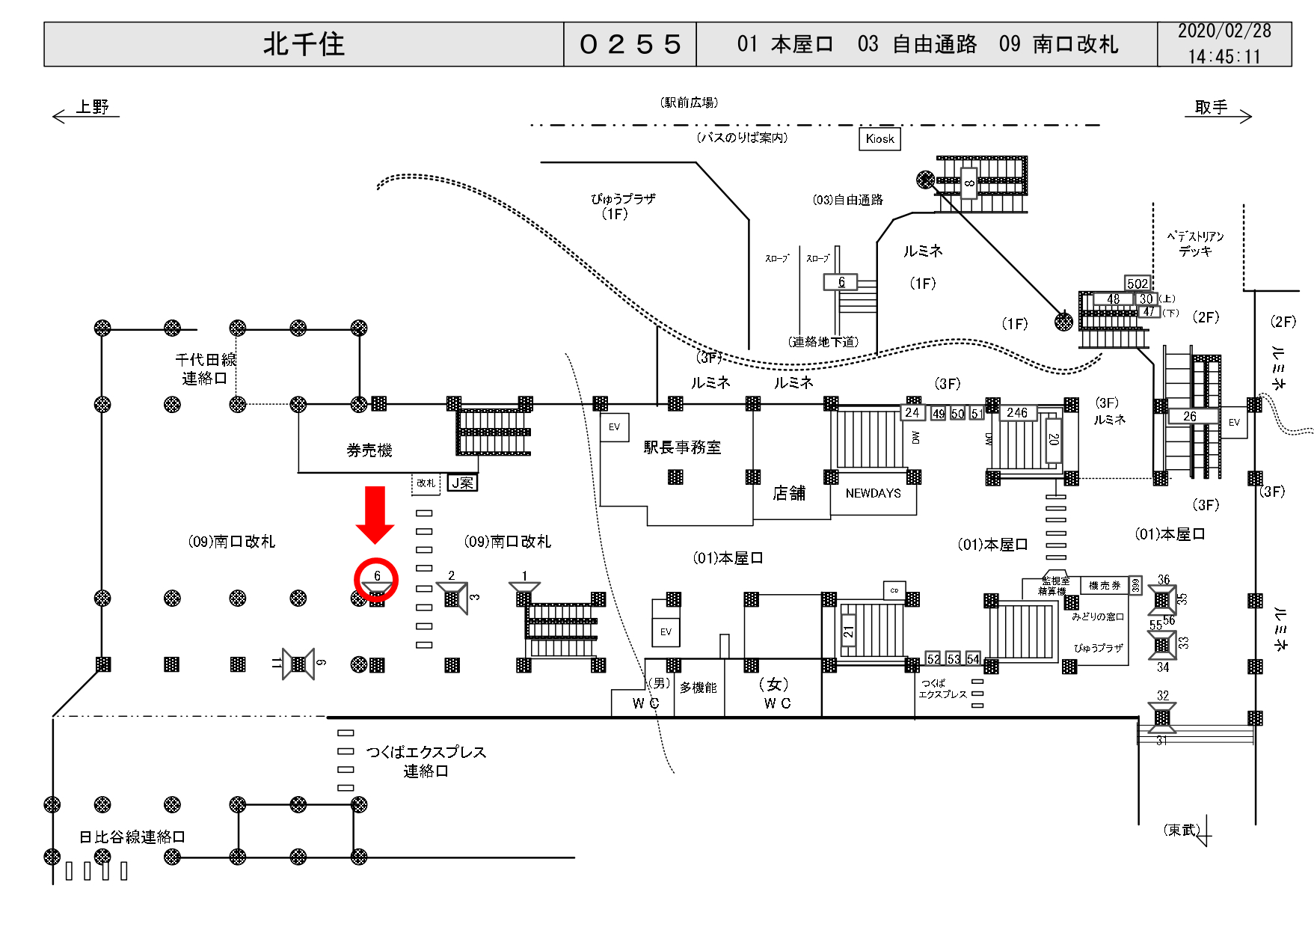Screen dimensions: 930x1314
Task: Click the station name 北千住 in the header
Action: [304, 44]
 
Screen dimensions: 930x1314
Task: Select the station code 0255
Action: [630, 44]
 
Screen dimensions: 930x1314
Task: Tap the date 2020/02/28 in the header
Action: [1224, 31]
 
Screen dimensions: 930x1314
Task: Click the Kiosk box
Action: [879, 138]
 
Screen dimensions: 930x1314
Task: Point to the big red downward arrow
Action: [375, 514]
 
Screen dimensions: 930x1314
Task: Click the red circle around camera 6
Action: [376, 580]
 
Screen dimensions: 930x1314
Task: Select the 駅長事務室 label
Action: [682, 447]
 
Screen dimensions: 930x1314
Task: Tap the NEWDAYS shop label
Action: [873, 493]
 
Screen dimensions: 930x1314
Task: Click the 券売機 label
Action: [369, 450]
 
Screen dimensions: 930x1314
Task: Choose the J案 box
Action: [462, 483]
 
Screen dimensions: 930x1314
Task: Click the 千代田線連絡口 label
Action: [206, 369]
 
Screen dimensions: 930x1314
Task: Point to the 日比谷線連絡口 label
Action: [132, 836]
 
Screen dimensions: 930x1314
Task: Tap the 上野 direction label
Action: [92, 107]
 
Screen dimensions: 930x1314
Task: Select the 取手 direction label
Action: [1211, 107]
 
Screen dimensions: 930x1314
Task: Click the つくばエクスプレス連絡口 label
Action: [426, 761]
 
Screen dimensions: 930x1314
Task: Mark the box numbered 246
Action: [1017, 412]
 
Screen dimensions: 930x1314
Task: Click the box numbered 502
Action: [1138, 284]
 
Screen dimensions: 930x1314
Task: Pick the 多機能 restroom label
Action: [698, 688]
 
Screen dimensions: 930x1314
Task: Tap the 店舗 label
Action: [789, 493]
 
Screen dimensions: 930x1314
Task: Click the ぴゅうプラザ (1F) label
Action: [622, 207]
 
